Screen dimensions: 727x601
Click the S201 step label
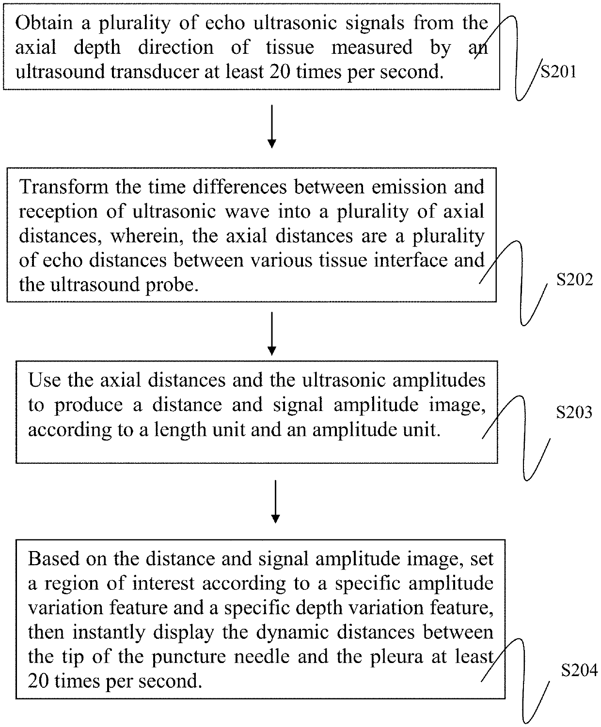click(x=558, y=72)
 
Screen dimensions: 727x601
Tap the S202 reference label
click(x=574, y=280)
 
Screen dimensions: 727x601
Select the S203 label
click(x=574, y=412)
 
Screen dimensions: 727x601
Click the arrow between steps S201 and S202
click(x=272, y=126)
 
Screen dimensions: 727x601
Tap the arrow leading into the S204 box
click(x=275, y=502)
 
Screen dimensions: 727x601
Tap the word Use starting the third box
click(x=44, y=380)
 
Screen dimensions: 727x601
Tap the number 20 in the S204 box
click(x=39, y=681)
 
